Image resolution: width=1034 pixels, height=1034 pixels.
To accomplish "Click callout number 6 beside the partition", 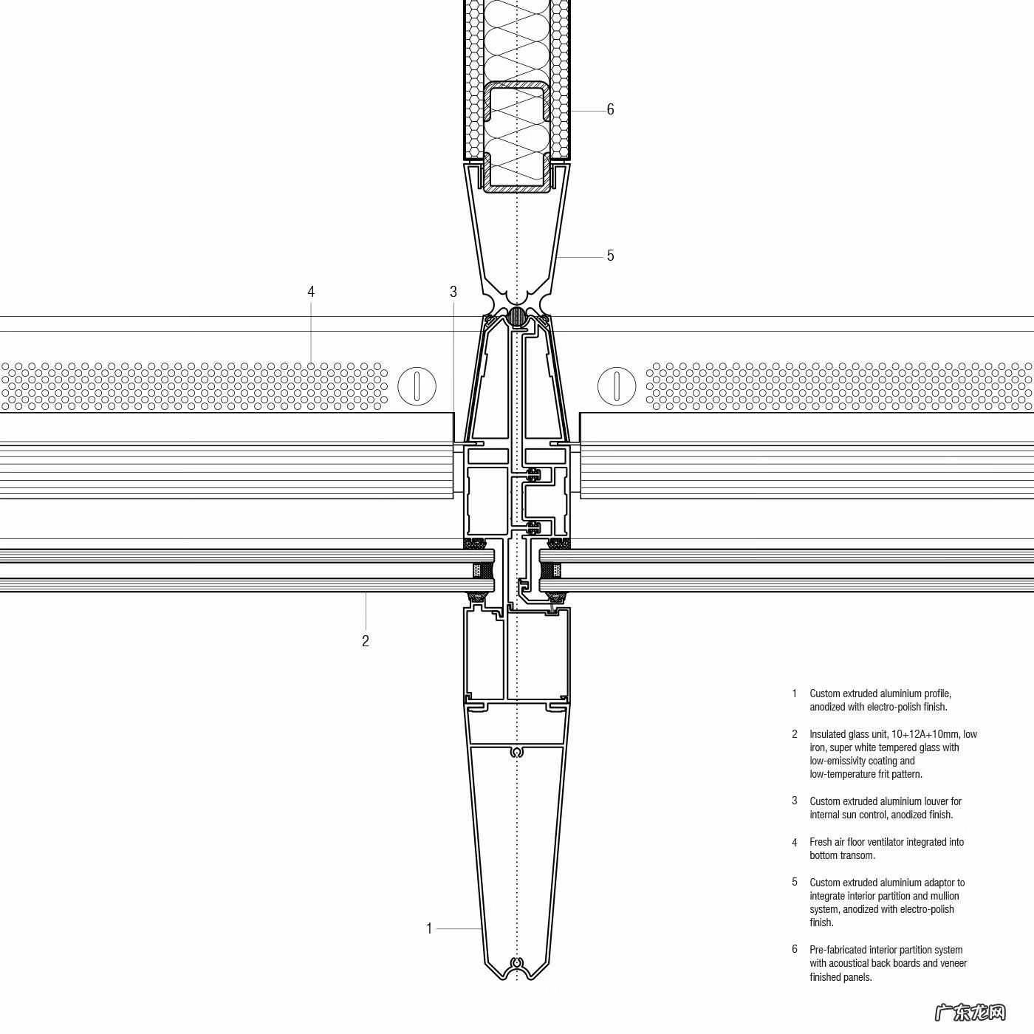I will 610,109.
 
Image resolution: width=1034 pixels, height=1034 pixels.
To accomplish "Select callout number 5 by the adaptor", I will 610,256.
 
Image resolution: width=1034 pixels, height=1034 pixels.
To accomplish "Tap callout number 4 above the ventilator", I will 311,292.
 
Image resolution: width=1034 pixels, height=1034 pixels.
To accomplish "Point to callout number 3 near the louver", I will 453,292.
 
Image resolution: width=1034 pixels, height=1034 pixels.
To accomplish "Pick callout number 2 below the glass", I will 365,641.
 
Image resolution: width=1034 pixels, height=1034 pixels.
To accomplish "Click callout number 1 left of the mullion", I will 428,928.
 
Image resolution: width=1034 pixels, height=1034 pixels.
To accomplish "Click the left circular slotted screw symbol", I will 417,386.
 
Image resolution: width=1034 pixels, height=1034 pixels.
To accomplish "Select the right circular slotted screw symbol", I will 616,386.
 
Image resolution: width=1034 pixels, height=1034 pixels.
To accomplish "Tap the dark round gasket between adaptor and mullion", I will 517,317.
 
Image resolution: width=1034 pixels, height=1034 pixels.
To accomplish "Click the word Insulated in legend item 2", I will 830,734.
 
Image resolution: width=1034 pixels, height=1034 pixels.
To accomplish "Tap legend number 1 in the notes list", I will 795,694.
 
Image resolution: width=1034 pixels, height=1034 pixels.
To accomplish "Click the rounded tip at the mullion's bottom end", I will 517,973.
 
